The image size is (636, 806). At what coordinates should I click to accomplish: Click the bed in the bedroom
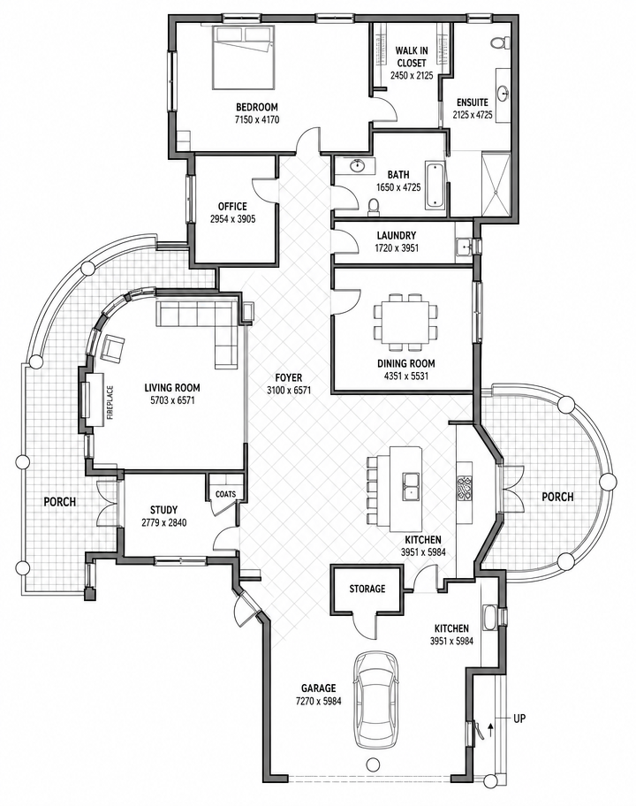click(x=243, y=57)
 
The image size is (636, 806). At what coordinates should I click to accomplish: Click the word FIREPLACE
click(x=110, y=402)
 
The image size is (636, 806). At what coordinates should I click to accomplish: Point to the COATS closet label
click(x=225, y=494)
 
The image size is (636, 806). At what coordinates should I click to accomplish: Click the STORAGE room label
click(x=367, y=588)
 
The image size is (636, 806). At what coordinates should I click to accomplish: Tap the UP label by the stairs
click(x=519, y=718)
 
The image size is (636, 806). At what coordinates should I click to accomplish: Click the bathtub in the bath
click(x=434, y=186)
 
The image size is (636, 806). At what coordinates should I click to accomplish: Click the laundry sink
click(x=466, y=247)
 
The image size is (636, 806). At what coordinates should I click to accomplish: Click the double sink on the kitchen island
click(x=412, y=486)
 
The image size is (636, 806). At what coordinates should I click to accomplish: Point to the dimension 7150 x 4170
click(x=256, y=120)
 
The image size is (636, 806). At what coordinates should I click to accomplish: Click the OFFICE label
click(x=232, y=206)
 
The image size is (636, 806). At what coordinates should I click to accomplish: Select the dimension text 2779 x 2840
click(x=164, y=523)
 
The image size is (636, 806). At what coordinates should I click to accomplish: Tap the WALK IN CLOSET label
click(x=412, y=57)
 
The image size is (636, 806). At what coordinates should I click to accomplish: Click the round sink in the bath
click(x=357, y=166)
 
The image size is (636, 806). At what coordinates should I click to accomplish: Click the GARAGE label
click(x=319, y=688)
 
